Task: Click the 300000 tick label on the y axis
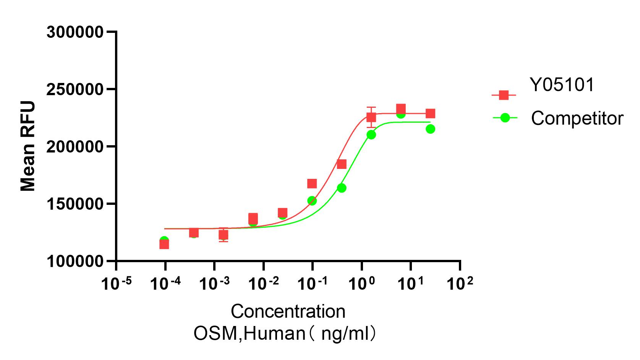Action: [x=75, y=32]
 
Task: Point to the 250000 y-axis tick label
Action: [x=75, y=89]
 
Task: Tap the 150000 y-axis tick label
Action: [x=75, y=204]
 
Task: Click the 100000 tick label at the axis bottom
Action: [x=75, y=261]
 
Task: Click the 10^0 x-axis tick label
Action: [x=361, y=284]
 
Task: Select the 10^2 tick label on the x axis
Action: [x=460, y=284]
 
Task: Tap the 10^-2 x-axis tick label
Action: [x=263, y=284]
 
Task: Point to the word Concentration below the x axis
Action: [x=288, y=311]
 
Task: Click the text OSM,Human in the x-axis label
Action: [x=249, y=334]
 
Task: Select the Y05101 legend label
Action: [x=562, y=85]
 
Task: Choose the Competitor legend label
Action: [x=577, y=118]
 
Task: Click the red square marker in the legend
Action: [x=504, y=95]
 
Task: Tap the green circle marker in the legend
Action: [x=505, y=118]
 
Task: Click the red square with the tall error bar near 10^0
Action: [x=371, y=117]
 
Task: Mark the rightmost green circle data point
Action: [x=430, y=129]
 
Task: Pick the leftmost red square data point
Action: [x=164, y=244]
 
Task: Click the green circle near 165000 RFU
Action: [x=342, y=188]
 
